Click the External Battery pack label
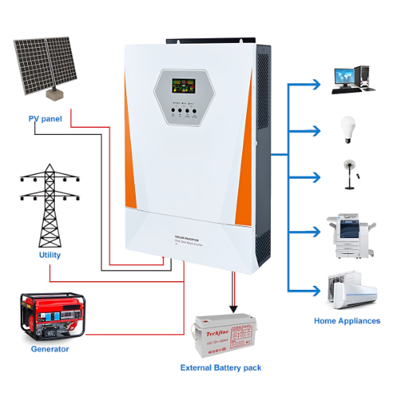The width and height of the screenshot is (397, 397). point(221,368)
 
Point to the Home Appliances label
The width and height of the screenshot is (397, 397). point(346,321)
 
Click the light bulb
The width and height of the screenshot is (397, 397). point(347,129)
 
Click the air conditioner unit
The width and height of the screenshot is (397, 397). point(353,291)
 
